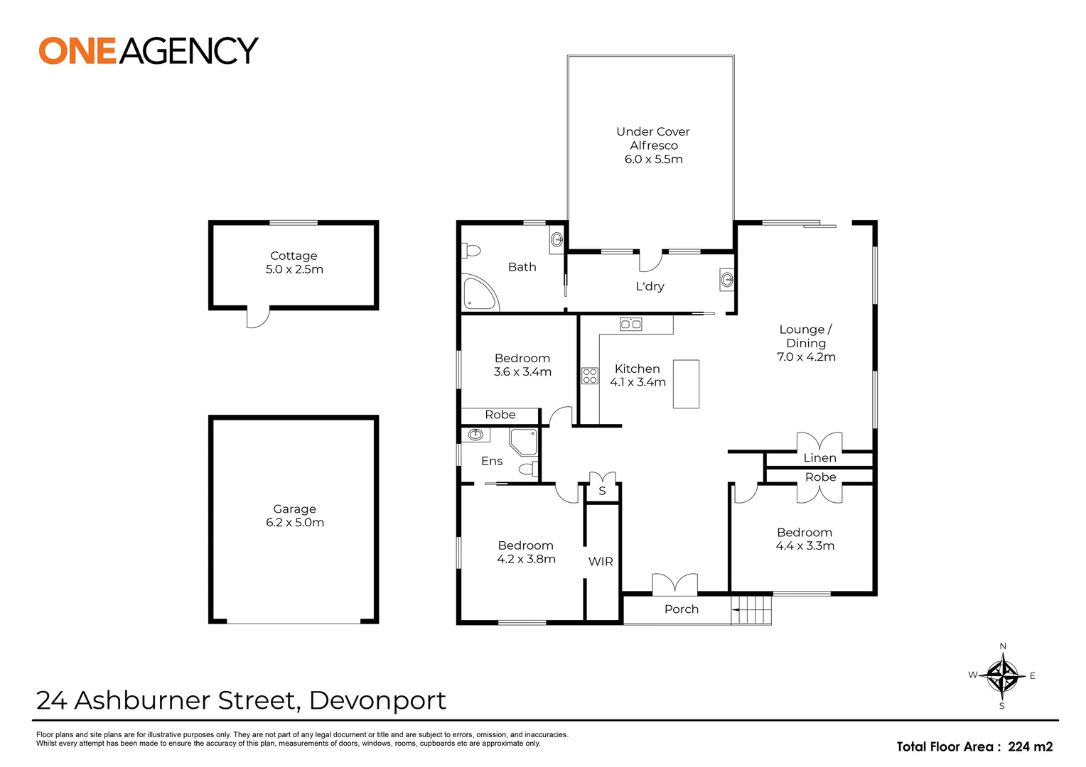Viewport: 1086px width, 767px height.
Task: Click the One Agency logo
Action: [148, 50]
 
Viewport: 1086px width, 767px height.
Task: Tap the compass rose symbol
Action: [1002, 675]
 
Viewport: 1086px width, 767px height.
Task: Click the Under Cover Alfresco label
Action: [652, 138]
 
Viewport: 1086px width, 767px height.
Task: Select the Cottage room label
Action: [294, 256]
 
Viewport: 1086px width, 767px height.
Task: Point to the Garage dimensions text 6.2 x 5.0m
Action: [294, 523]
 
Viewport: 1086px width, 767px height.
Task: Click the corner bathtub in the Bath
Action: [478, 293]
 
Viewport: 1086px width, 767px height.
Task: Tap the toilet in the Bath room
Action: [471, 251]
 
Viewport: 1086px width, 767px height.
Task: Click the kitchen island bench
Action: [686, 383]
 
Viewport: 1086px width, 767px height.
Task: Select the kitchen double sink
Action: [630, 325]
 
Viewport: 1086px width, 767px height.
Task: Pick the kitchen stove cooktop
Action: [590, 375]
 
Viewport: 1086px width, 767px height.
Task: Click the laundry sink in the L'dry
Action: [726, 279]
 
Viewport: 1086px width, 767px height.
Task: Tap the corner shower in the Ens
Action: [525, 441]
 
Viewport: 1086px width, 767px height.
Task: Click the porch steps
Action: [752, 610]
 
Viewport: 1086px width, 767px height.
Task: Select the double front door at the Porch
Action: [674, 584]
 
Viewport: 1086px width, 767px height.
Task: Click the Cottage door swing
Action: [257, 317]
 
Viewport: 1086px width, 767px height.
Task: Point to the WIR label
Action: [601, 562]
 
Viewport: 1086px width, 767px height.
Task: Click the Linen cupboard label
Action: [819, 458]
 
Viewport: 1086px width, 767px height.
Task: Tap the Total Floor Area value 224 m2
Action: [1030, 746]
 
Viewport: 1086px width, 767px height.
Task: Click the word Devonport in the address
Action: [377, 701]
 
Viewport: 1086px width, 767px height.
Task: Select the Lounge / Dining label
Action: [805, 336]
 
